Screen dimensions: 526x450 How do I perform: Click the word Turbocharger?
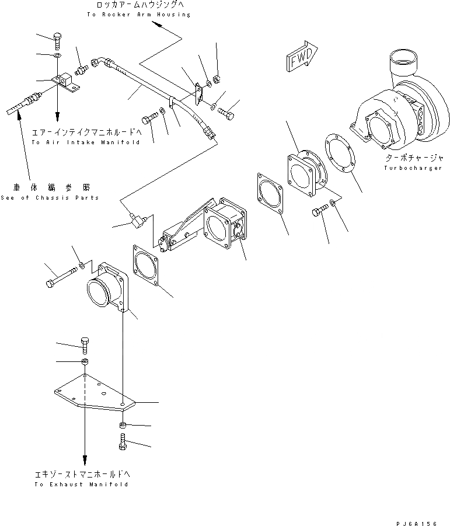406,168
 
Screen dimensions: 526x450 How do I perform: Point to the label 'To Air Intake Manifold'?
86,142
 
